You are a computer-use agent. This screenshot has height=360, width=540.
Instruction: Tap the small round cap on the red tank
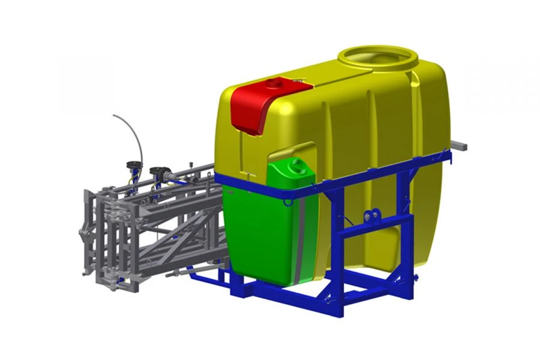pos(275,82)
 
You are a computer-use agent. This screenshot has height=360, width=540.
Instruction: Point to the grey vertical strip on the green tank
pos(298,240)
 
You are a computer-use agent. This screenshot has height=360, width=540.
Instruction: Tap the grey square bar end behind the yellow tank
pos(461,145)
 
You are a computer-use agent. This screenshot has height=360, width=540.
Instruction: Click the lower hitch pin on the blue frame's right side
pos(413,277)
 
